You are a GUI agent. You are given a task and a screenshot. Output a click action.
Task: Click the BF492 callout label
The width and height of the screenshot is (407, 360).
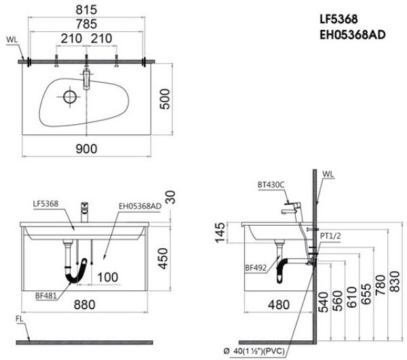click(x=256, y=268)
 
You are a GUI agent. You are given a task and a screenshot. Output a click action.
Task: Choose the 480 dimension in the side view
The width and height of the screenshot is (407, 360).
click(x=277, y=304)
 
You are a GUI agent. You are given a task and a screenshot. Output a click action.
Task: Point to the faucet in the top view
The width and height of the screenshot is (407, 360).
click(x=85, y=77)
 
